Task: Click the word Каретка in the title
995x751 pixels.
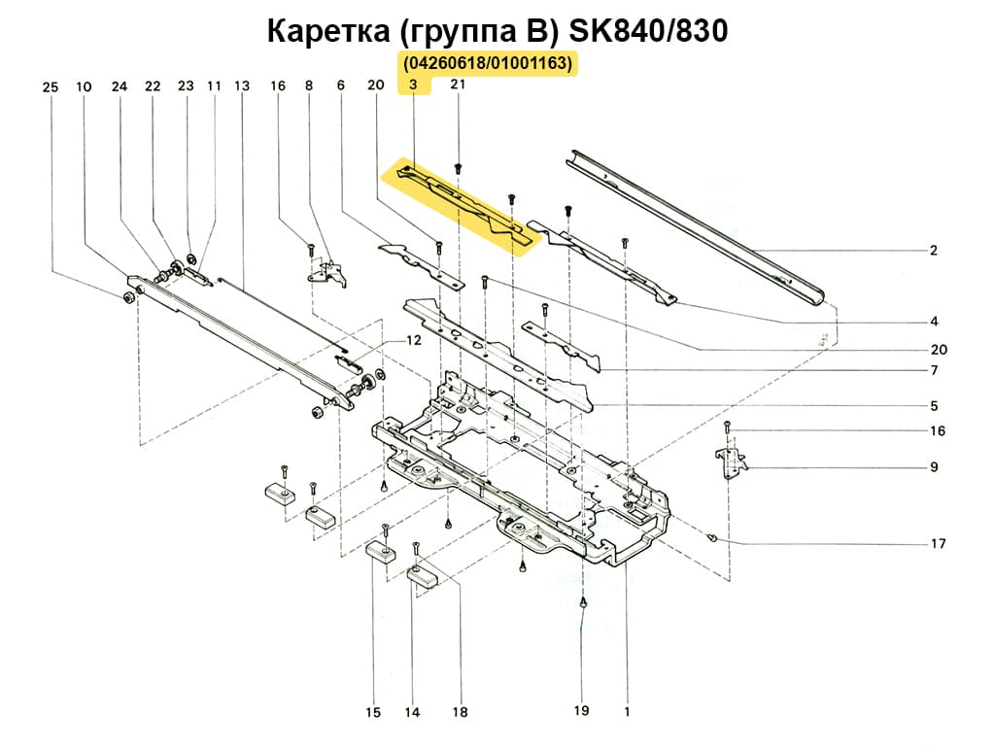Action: coord(327,31)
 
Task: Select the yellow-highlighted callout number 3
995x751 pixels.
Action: coord(413,85)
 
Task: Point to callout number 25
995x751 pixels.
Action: coord(51,87)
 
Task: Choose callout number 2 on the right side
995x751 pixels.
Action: coord(933,251)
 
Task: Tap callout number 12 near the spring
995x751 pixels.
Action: coord(413,341)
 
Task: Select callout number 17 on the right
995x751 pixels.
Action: coord(938,544)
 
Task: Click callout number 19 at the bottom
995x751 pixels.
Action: coord(581,711)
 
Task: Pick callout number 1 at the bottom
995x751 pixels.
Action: coord(627,711)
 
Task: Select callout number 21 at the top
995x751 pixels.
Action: coord(458,85)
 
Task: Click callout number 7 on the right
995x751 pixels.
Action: coord(933,371)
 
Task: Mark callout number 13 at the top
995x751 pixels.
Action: coord(242,86)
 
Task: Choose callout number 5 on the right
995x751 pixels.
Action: coord(933,406)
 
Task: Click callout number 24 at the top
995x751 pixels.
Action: coord(120,87)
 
